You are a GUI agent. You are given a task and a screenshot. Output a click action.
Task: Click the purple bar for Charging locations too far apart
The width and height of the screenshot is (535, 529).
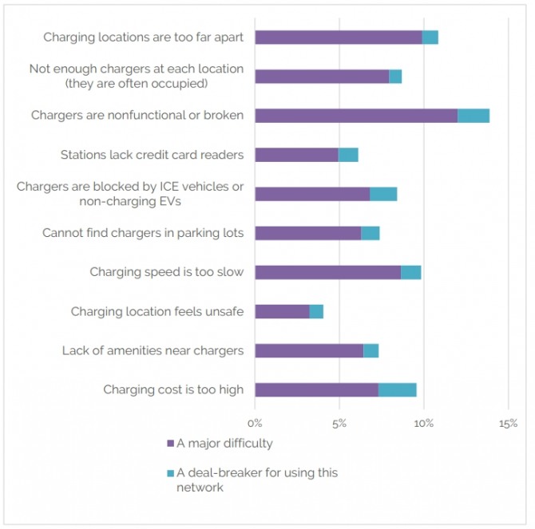tap(338, 38)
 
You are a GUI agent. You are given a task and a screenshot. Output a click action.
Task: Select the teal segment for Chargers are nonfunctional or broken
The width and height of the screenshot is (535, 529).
tap(474, 116)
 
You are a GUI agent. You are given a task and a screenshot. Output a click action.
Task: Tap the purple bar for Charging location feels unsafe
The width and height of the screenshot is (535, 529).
tap(282, 311)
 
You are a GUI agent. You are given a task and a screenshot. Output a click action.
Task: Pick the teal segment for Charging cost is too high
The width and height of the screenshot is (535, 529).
tap(397, 389)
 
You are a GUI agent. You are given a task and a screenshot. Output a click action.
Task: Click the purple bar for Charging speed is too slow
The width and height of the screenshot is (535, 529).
tap(327, 272)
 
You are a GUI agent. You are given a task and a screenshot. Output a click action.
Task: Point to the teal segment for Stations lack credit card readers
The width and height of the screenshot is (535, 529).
tap(348, 155)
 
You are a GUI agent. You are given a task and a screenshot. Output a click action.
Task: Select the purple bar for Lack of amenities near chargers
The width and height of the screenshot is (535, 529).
tap(309, 350)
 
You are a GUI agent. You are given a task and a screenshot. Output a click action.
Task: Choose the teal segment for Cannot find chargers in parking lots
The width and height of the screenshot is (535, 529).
tap(370, 233)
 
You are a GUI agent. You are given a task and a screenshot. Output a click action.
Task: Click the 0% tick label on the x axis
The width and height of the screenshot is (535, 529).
tap(255, 422)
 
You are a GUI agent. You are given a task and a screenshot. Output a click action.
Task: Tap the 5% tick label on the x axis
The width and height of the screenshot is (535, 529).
tap(339, 422)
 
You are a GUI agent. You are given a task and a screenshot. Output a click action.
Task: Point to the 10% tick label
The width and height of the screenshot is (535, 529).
tap(423, 422)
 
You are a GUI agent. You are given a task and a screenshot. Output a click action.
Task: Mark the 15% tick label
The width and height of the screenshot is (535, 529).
tap(508, 422)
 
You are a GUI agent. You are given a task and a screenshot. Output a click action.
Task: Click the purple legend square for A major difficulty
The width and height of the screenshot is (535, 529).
tap(169, 444)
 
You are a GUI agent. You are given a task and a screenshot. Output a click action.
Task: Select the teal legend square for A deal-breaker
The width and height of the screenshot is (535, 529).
tap(169, 473)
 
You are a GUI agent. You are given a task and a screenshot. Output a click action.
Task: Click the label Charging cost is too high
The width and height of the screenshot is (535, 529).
tap(173, 389)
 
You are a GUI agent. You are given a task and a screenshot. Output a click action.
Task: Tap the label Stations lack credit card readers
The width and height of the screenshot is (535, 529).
tap(152, 155)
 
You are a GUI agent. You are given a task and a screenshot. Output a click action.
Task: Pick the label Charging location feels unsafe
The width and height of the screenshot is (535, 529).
tap(157, 311)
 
